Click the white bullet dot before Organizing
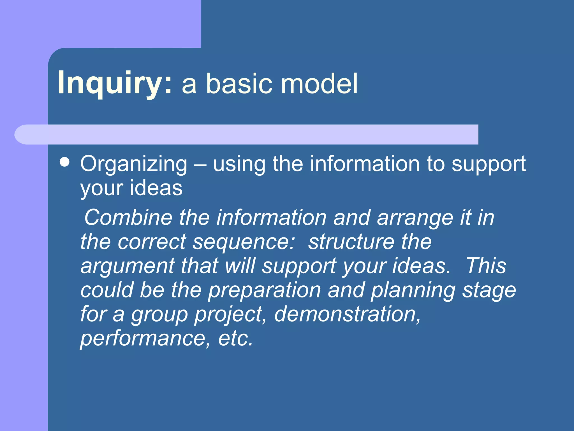pyautogui.click(x=65, y=162)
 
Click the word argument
pyautogui.click(x=128, y=266)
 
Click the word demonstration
pyautogui.click(x=347, y=314)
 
